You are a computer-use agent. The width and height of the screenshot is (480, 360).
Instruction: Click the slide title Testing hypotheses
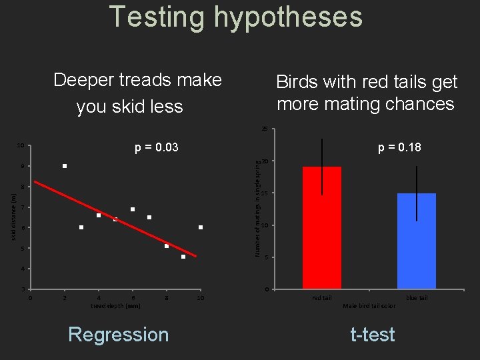pyautogui.click(x=236, y=16)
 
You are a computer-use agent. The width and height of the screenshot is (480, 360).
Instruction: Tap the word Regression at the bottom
pyautogui.click(x=119, y=334)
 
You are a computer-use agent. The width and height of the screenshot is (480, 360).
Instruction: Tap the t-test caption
pyautogui.click(x=373, y=334)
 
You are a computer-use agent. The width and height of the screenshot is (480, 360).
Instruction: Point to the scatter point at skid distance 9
pyautogui.click(x=65, y=166)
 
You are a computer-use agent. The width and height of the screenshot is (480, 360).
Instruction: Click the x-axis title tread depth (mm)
pyautogui.click(x=115, y=306)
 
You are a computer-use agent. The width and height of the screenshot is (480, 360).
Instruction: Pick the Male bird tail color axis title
pyautogui.click(x=369, y=306)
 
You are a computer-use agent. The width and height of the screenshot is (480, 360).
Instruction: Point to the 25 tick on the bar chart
pyautogui.click(x=265, y=129)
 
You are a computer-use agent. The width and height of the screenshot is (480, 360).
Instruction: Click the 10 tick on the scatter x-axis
pyautogui.click(x=200, y=298)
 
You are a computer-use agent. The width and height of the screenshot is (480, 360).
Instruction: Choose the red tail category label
pyautogui.click(x=322, y=298)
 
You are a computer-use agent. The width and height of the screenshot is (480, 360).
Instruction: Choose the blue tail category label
pyautogui.click(x=417, y=298)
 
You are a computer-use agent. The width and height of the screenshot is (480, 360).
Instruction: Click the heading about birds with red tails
pyautogui.click(x=366, y=93)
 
